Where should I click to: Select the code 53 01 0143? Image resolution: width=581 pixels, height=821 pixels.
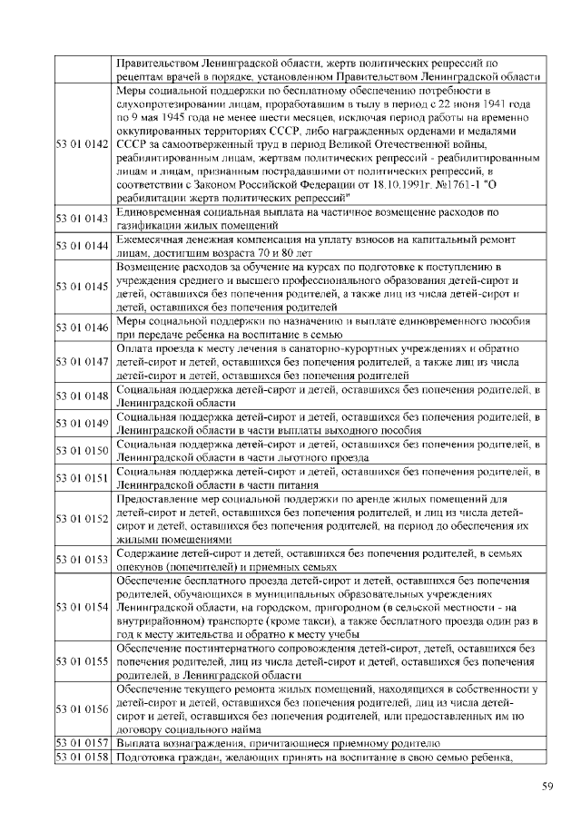point(83,218)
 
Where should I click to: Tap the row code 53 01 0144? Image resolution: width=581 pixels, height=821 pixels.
point(83,245)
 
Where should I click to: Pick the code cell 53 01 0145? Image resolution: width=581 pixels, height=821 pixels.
point(83,287)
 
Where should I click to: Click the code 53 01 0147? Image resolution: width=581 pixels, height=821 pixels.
point(83,362)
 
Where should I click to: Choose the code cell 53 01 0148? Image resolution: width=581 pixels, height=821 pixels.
point(83,396)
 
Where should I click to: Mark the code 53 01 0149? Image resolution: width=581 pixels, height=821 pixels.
point(83,423)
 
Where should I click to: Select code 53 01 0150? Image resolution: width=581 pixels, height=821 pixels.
point(83,450)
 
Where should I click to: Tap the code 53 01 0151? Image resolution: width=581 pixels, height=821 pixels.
point(83,477)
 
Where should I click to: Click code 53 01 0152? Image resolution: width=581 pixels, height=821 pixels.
point(83,518)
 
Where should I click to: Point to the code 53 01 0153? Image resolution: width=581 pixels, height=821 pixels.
point(83,559)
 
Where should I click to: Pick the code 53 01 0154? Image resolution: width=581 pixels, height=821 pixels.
point(83,606)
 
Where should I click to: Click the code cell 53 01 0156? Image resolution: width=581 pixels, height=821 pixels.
point(83,709)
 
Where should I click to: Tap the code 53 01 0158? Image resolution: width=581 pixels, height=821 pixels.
point(83,757)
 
